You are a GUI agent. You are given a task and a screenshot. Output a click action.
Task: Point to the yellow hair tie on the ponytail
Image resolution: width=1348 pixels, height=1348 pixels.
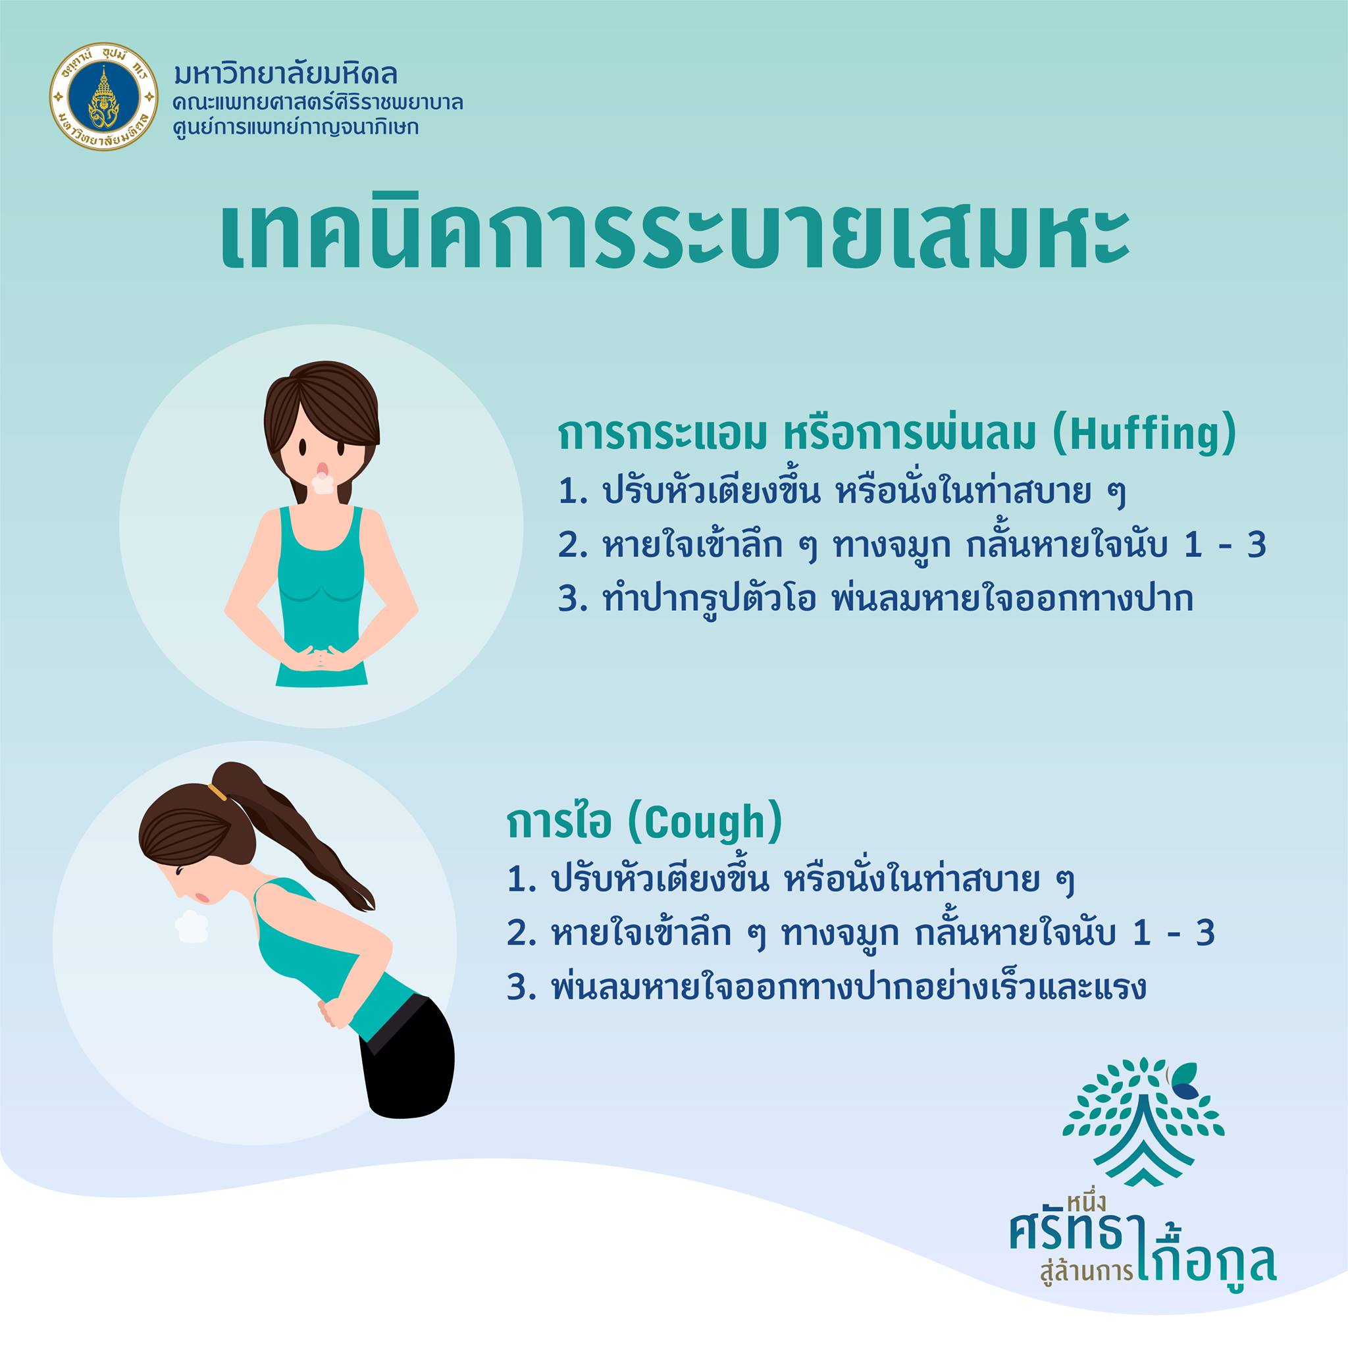(x=219, y=791)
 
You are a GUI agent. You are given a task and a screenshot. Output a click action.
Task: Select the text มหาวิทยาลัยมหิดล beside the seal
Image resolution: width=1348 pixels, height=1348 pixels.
(x=287, y=74)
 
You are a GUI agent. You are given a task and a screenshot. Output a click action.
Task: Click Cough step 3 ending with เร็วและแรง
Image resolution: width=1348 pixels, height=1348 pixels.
(x=827, y=989)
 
